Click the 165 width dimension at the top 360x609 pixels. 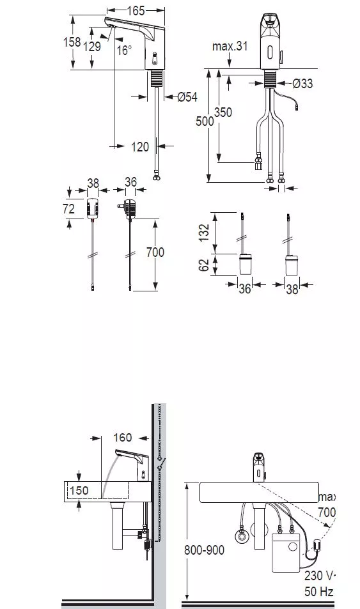pyautogui.click(x=136, y=10)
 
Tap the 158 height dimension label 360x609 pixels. pyautogui.click(x=72, y=42)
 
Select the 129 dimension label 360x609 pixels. pyautogui.click(x=92, y=47)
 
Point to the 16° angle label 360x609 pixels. pyautogui.click(x=125, y=50)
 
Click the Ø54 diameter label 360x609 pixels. pyautogui.click(x=187, y=96)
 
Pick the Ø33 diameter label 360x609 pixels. pyautogui.click(x=302, y=83)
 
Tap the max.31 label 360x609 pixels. pyautogui.click(x=230, y=46)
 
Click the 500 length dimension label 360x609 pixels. pyautogui.click(x=205, y=121)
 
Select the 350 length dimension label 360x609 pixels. pyautogui.click(x=223, y=112)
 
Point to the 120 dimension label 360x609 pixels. pyautogui.click(x=140, y=147)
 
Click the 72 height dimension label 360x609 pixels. pyautogui.click(x=69, y=208)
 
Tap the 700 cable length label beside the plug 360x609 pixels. pyautogui.click(x=155, y=252)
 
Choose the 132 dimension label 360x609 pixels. pyautogui.click(x=204, y=233)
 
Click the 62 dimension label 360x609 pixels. pyautogui.click(x=204, y=265)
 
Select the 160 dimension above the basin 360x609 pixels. pyautogui.click(x=123, y=438)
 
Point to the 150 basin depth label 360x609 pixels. pyautogui.click(x=79, y=490)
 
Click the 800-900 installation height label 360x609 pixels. pyautogui.click(x=204, y=550)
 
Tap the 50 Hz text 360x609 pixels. pyautogui.click(x=319, y=592)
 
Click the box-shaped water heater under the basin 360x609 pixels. pyautogui.click(x=286, y=552)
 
